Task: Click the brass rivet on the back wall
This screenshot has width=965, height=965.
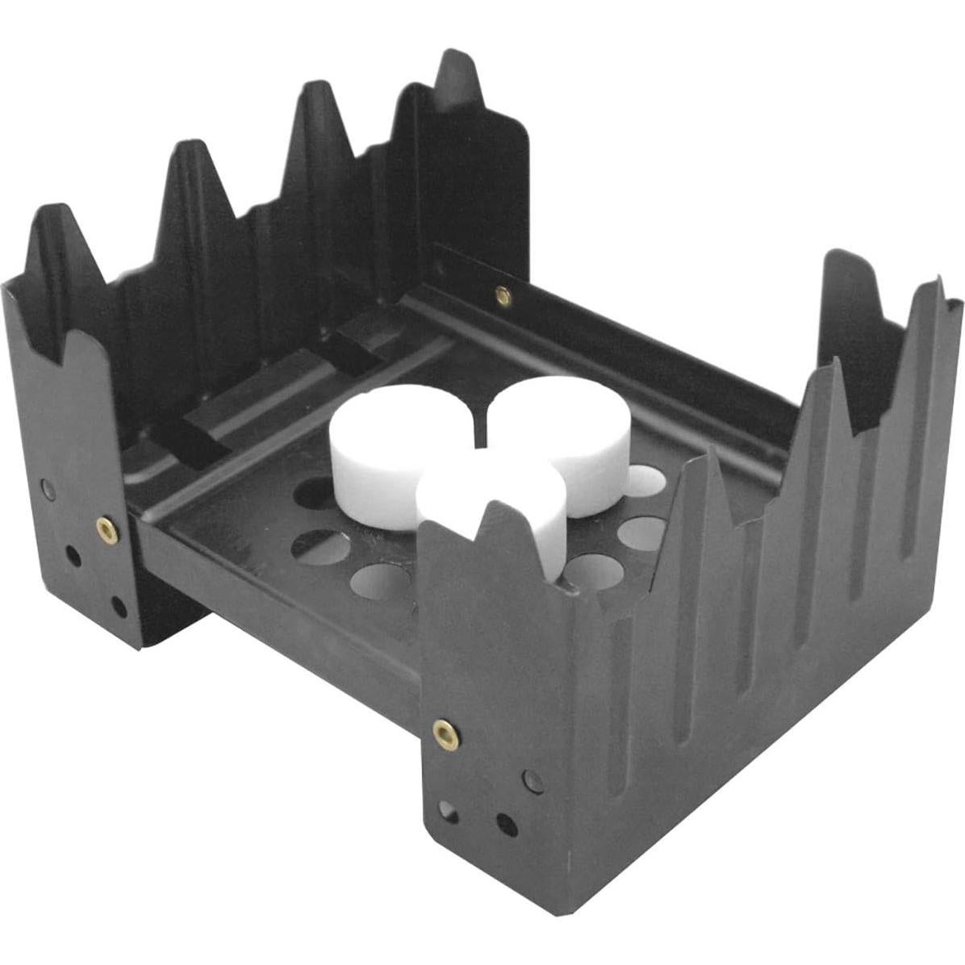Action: coord(503,296)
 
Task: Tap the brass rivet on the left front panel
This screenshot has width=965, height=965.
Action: coord(106,528)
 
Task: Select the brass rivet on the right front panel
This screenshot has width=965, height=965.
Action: coord(445,733)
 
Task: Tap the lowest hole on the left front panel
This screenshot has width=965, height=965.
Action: coord(119,606)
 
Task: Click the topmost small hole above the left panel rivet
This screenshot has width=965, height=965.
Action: coord(48,489)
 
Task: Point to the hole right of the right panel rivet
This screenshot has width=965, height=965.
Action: coord(532,780)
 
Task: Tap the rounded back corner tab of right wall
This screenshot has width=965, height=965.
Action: coord(843,266)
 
